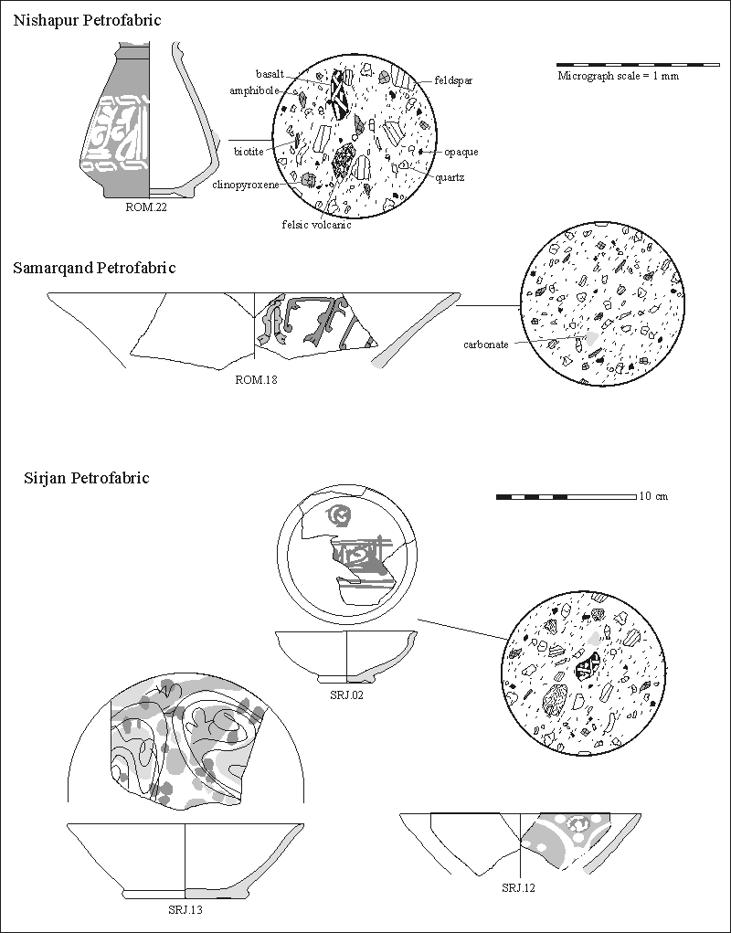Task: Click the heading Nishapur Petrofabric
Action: pyautogui.click(x=87, y=20)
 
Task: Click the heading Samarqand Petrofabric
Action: pyautogui.click(x=94, y=268)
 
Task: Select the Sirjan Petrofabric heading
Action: pyautogui.click(x=86, y=478)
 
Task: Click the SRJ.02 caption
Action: pyautogui.click(x=345, y=696)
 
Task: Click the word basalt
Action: pyautogui.click(x=271, y=73)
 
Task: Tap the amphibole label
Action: pyautogui.click(x=257, y=90)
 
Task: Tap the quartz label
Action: pyautogui.click(x=450, y=177)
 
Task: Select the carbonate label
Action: pyautogui.click(x=485, y=345)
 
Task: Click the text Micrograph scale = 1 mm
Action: pyautogui.click(x=618, y=76)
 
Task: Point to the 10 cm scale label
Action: pyautogui.click(x=654, y=496)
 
